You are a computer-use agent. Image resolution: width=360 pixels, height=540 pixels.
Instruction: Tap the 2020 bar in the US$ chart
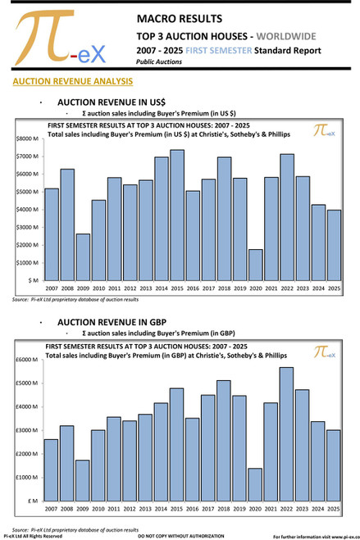pyautogui.click(x=255, y=265)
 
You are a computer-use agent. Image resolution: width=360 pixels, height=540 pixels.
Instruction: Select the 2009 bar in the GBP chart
pyautogui.click(x=82, y=479)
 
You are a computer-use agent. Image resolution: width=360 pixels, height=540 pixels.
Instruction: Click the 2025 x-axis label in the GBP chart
pyautogui.click(x=334, y=508)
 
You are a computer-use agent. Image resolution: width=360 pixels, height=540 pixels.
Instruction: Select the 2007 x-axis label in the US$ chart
pyautogui.click(x=51, y=288)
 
